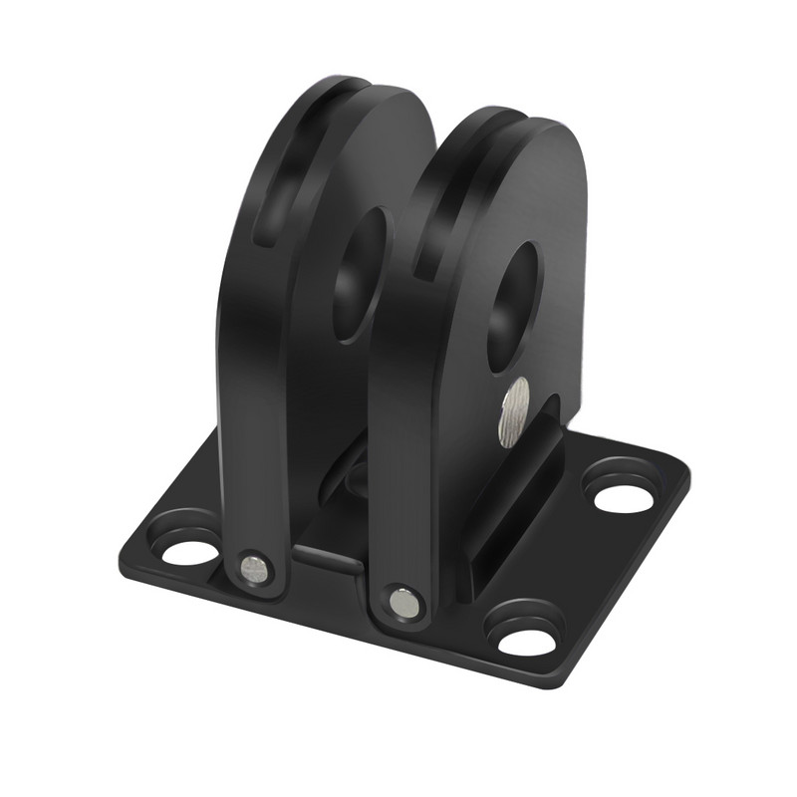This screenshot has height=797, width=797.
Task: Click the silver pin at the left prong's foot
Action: (x=255, y=570)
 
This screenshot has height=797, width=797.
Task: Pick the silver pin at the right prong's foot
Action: (x=404, y=602)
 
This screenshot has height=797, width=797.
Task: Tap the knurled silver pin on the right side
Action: (x=515, y=411)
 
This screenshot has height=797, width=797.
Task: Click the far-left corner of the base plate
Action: (x=125, y=546)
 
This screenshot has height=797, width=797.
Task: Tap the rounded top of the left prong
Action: (x=369, y=95)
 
